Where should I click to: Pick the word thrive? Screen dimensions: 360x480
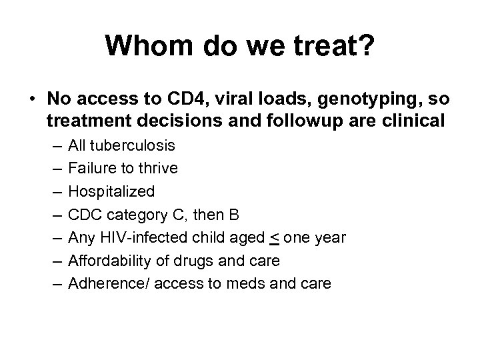coord(157,168)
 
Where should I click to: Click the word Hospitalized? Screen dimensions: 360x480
coord(111,191)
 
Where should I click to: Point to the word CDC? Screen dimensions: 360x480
coord(84,214)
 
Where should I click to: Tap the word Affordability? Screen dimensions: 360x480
coord(107,260)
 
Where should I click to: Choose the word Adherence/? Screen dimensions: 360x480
coord(105,283)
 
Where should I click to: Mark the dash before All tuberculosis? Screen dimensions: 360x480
coord(53,145)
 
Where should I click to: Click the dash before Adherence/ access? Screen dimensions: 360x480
coord(53,283)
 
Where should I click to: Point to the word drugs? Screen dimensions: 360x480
coord(203,260)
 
